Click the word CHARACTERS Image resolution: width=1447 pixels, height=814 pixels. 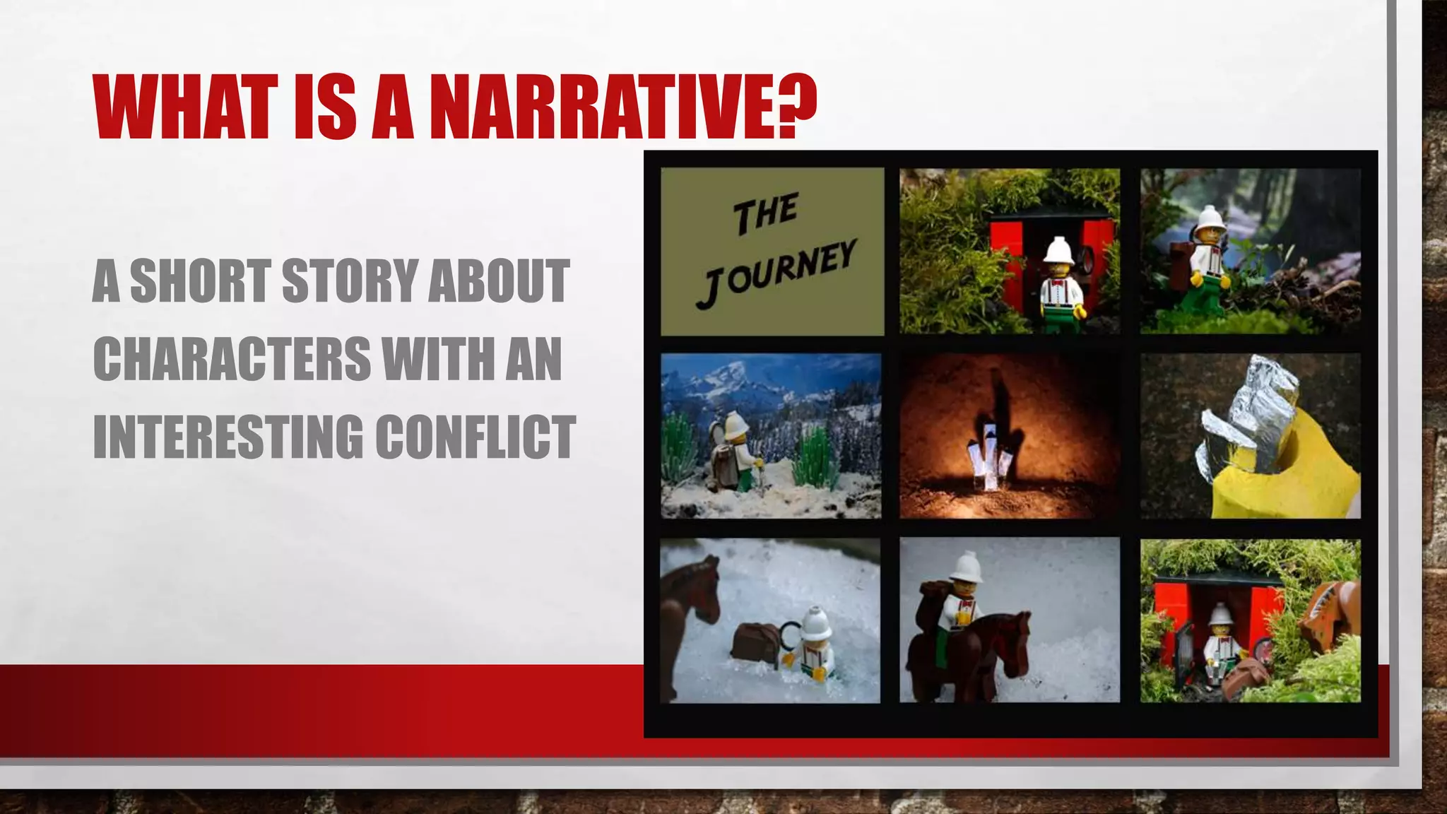coord(232,358)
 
